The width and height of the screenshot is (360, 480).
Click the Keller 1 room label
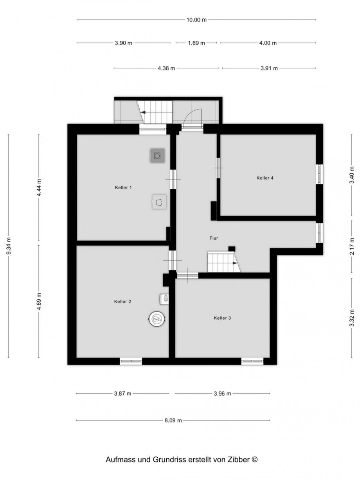pyautogui.click(x=123, y=188)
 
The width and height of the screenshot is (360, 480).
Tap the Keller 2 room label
pyautogui.click(x=122, y=302)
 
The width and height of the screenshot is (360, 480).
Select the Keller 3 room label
pyautogui.click(x=222, y=318)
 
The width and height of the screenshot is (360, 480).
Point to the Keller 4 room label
pyautogui.click(x=265, y=178)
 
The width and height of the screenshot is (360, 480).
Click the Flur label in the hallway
pyautogui.click(x=213, y=238)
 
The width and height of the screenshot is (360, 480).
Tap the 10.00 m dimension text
pyautogui.click(x=196, y=20)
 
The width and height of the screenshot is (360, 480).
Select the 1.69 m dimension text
pyautogui.click(x=196, y=43)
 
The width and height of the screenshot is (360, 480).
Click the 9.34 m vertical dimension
pyautogui.click(x=9, y=246)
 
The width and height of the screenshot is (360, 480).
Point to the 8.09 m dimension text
pyautogui.click(x=173, y=421)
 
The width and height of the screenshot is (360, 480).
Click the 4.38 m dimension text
pyautogui.click(x=166, y=68)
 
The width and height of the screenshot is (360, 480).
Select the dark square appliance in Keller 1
pyautogui.click(x=157, y=156)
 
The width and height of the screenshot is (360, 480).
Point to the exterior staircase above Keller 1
pyautogui.click(x=156, y=112)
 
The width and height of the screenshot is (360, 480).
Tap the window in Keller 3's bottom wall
pyautogui.click(x=252, y=361)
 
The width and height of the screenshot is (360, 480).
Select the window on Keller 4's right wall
pyautogui.click(x=320, y=174)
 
